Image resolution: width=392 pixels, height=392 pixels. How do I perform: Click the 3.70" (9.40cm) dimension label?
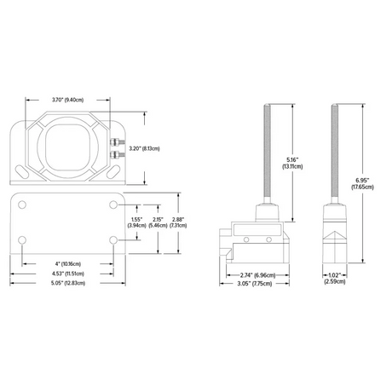tap(69, 101)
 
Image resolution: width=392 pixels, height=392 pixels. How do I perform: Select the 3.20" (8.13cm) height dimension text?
tap(143, 148)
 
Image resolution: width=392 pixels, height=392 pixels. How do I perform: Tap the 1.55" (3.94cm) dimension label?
tap(136, 222)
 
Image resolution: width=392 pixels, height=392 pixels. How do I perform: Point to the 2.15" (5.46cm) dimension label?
tap(158, 222)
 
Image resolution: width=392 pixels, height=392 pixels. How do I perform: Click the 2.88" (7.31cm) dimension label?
tap(179, 222)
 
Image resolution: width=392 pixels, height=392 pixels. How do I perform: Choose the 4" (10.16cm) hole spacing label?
tap(69, 263)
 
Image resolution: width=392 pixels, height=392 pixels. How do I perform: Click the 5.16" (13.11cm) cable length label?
tap(294, 163)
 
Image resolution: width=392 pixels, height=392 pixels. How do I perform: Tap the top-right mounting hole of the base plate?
tap(113, 206)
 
